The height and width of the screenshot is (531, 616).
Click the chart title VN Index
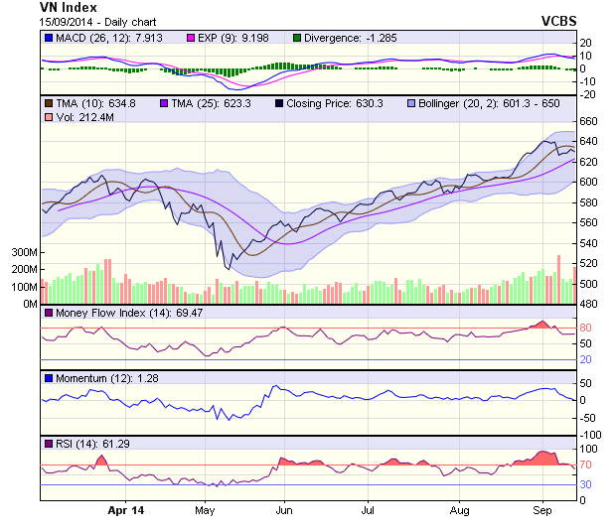[x=69, y=7]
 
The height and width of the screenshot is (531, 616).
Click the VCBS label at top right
[x=559, y=21]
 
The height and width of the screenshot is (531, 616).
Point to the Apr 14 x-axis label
[x=124, y=510]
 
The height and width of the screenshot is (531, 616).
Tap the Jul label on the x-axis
[x=368, y=510]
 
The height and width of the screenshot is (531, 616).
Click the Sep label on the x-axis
[x=542, y=510]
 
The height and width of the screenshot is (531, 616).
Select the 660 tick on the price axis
[x=588, y=121]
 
